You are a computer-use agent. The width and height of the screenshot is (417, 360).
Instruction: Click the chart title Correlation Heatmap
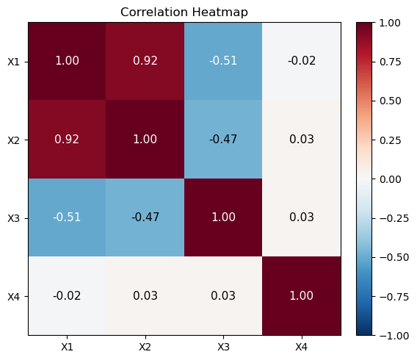coord(184,12)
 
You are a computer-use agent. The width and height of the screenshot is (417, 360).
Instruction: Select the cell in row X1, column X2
coord(145,61)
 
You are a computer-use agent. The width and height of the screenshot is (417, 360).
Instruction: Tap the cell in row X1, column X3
coord(223,61)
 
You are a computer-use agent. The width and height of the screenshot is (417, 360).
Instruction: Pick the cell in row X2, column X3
coord(223,140)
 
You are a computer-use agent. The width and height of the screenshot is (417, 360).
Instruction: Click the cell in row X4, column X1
coord(67,296)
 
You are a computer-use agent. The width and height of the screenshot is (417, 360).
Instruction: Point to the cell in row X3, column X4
coord(302,217)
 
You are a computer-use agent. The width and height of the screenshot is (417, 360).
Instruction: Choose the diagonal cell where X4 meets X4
coord(302,296)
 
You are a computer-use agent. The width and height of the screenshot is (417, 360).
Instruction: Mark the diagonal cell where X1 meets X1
coord(67,61)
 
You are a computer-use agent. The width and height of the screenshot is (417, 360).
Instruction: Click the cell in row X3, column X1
coord(67,217)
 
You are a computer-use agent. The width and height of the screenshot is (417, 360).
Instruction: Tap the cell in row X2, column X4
coord(302,140)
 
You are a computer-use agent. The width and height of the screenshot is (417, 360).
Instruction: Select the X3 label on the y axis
coord(13,218)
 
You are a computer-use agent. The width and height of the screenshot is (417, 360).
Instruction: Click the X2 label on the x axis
coord(145,347)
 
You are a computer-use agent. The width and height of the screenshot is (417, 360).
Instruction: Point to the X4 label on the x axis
coord(301,347)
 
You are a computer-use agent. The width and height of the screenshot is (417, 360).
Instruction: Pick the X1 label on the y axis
coord(13,62)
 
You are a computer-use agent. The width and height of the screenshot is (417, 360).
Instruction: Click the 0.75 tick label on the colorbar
coord(390,62)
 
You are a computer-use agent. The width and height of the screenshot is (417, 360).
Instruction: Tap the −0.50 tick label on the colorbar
coord(394,258)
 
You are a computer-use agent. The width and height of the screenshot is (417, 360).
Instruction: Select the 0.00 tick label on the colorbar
coord(390,179)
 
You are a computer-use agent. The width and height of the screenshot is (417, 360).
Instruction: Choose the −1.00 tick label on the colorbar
coord(394,336)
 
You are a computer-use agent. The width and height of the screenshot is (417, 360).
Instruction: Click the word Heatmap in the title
coord(220,12)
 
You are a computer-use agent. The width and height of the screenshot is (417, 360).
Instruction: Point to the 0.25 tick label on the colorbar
coord(390,140)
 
